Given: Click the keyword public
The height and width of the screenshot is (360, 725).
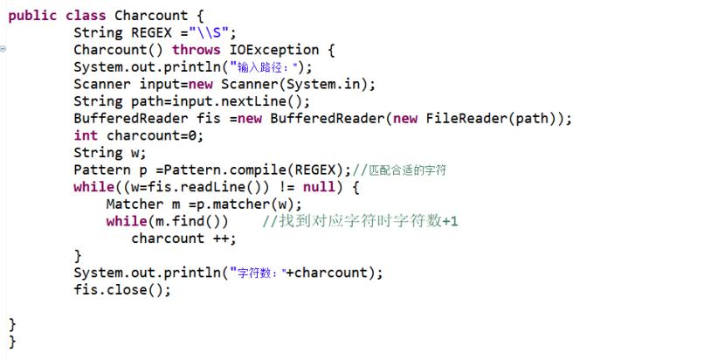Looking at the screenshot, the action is pyautogui.click(x=32, y=17).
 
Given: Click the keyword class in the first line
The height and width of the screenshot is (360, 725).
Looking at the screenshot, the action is pyautogui.click(x=86, y=16).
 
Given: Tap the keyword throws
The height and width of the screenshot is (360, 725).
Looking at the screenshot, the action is pyautogui.click(x=197, y=50).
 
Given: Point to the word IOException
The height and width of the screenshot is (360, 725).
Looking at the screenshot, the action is pyautogui.click(x=274, y=50).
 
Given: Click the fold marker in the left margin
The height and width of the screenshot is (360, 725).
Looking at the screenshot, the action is pyautogui.click(x=3, y=48).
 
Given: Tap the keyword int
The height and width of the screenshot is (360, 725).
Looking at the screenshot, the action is pyautogui.click(x=86, y=135).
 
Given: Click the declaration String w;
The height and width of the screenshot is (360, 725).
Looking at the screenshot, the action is pyautogui.click(x=110, y=153).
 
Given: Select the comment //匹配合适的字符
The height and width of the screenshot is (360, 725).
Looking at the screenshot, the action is pyautogui.click(x=399, y=170).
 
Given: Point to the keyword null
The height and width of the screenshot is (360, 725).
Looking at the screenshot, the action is pyautogui.click(x=319, y=187).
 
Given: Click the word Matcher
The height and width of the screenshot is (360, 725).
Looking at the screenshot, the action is pyautogui.click(x=135, y=204).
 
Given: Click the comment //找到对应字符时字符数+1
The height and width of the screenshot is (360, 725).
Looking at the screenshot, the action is pyautogui.click(x=360, y=221).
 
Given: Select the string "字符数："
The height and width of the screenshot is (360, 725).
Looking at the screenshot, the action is pyautogui.click(x=258, y=273).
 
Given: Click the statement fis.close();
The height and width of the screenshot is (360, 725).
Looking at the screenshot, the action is pyautogui.click(x=122, y=290).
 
